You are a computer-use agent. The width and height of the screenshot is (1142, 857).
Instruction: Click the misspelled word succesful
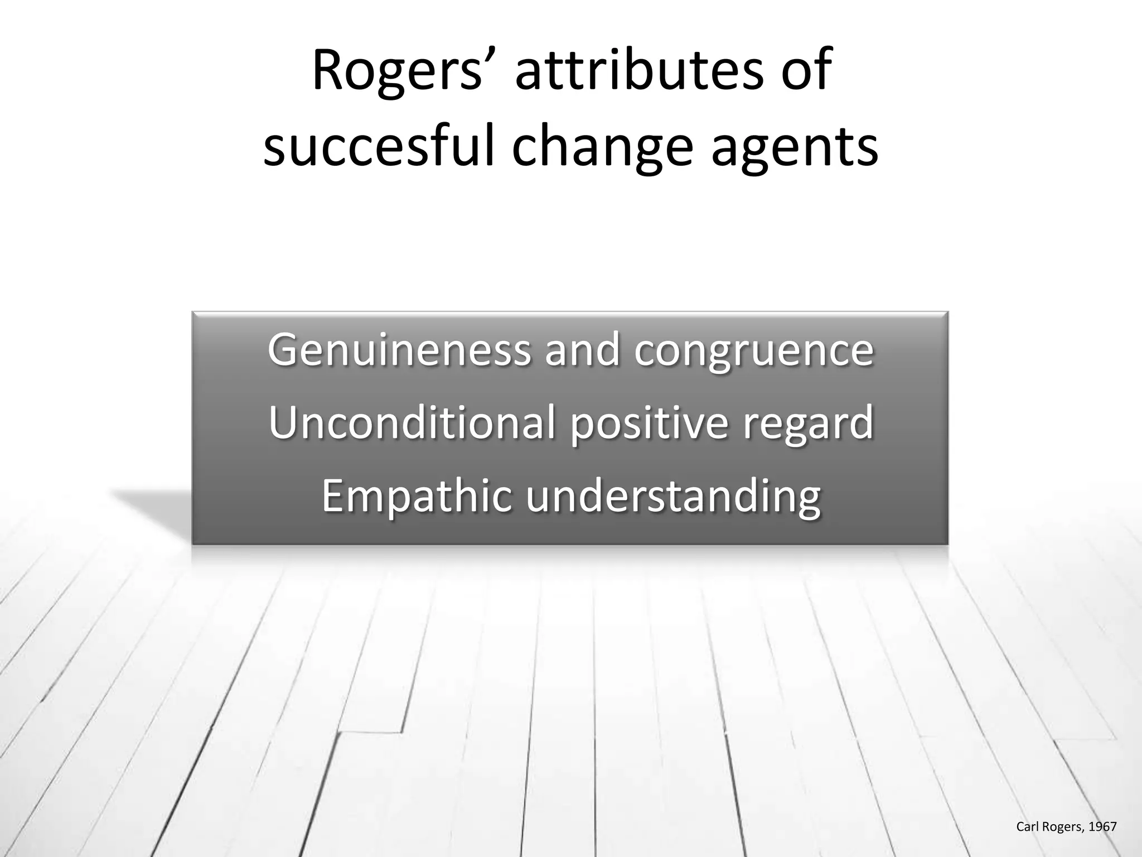[x=379, y=146]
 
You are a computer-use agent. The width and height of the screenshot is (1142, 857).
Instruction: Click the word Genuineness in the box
[x=399, y=350]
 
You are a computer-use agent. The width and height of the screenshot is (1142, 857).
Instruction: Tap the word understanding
[x=673, y=497]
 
